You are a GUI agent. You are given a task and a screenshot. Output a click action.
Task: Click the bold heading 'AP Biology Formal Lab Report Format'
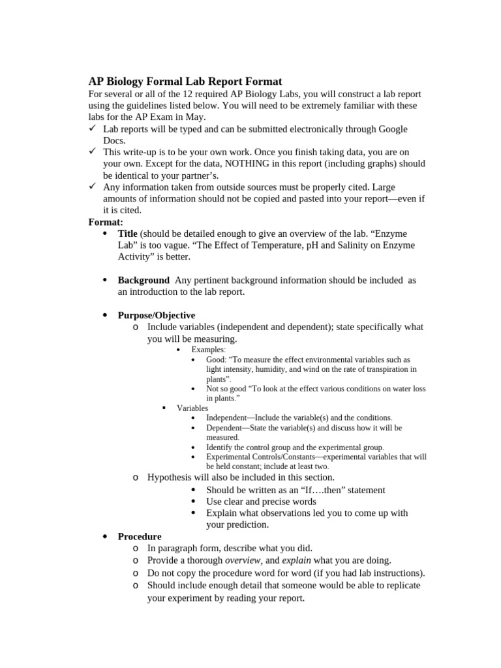tap(185, 82)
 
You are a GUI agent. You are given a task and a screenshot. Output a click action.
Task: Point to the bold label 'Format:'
tap(106, 222)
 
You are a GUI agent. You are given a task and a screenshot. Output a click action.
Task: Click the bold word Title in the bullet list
tap(128, 234)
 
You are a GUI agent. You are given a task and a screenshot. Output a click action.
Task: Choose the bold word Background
tap(144, 280)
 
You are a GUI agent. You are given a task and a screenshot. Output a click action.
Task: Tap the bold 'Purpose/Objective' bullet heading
tap(157, 315)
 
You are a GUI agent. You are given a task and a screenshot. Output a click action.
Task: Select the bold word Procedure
tap(140, 536)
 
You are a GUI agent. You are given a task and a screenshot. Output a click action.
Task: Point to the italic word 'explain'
tap(296, 560)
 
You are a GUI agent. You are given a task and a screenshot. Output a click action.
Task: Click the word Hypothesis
tap(171, 478)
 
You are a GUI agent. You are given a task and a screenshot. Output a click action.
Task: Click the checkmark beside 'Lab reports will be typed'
tap(93, 129)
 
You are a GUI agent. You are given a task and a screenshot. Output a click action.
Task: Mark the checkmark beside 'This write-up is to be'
tap(93, 152)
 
